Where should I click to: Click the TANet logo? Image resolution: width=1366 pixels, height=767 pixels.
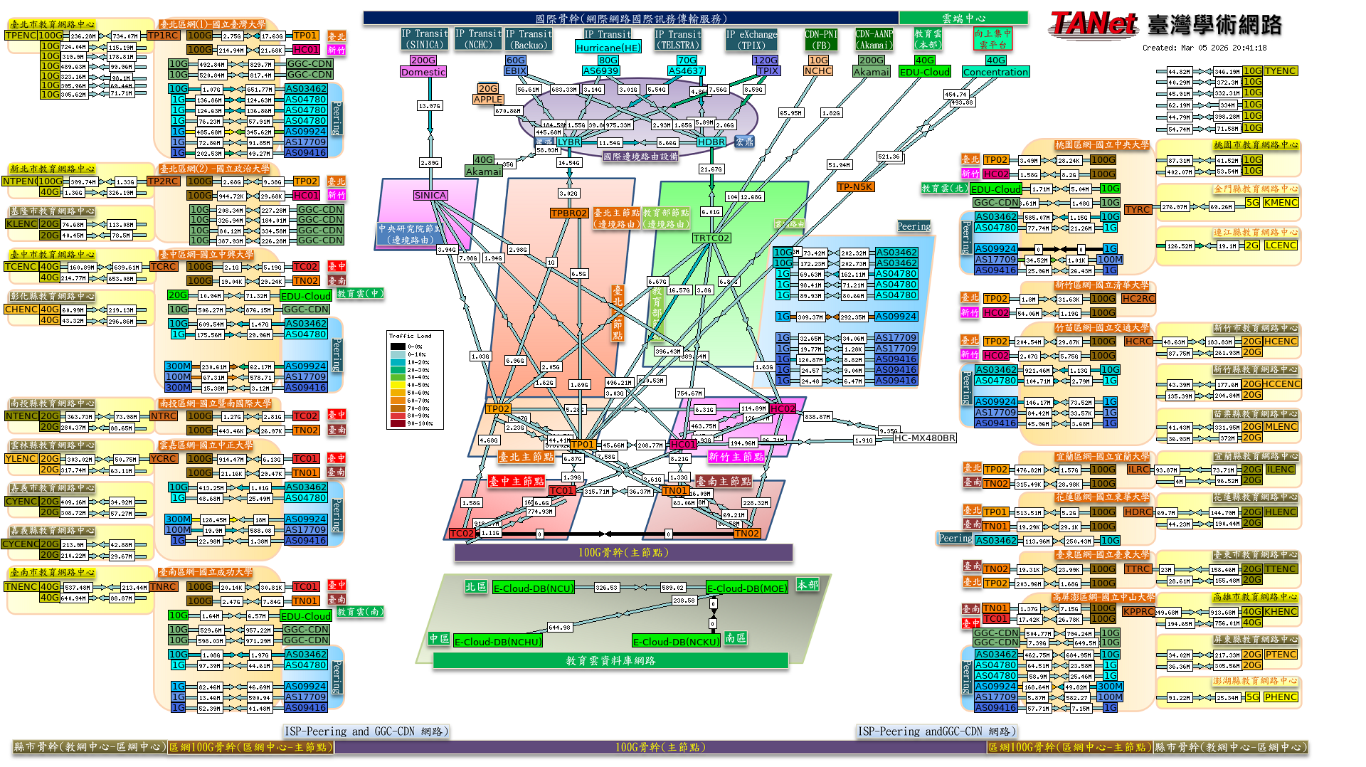1093,23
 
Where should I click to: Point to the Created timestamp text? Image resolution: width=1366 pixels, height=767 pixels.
1204,48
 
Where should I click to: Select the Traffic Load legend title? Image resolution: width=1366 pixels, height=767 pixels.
410,336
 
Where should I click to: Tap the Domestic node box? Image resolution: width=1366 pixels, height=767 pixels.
423,72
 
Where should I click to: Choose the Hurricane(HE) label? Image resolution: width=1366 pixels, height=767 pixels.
608,48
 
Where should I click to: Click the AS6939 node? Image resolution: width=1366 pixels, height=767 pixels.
601,71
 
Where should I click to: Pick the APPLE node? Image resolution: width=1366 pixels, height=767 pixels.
488,100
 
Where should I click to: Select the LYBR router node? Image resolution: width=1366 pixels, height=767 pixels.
569,142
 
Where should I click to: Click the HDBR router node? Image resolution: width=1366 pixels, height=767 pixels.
711,142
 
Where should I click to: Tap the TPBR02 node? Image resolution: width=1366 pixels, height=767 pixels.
569,213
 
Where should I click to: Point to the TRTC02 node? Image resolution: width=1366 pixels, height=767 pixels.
711,238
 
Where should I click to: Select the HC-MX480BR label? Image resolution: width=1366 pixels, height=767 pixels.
925,438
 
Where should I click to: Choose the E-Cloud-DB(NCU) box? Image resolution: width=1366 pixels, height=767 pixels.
534,588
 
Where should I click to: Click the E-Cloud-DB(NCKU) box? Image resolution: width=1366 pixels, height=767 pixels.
676,642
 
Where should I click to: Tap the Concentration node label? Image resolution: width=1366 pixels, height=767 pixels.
995,72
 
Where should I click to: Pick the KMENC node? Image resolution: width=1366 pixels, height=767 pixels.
1281,203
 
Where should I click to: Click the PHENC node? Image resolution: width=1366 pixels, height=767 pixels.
1281,697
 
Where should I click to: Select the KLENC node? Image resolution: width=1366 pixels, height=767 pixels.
21,224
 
